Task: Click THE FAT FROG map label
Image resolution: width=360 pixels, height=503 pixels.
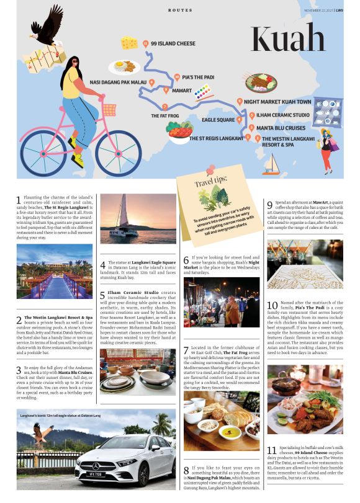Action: (164, 116)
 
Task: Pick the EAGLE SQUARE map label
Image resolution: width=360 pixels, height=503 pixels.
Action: (218, 120)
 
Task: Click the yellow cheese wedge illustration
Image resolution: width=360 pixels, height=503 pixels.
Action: (130, 42)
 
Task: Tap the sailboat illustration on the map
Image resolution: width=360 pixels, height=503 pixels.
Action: (271, 164)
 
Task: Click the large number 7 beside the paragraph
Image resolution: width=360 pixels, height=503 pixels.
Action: (186, 350)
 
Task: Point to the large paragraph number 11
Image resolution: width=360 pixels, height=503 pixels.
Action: (271, 450)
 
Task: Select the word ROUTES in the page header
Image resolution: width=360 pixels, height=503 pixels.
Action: (180, 11)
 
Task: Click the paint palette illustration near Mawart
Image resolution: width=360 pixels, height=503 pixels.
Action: (202, 93)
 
